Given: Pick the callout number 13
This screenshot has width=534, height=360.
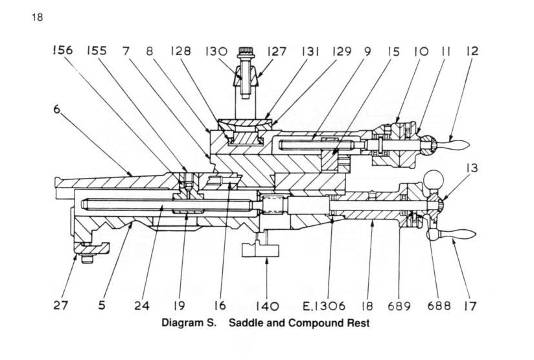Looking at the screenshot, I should pyautogui.click(x=471, y=169).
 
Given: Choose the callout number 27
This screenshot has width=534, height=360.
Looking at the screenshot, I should pyautogui.click(x=60, y=306).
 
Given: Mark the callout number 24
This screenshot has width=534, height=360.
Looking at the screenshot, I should pyautogui.click(x=141, y=306).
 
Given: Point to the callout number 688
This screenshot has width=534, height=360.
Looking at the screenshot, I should pyautogui.click(x=445, y=306).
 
